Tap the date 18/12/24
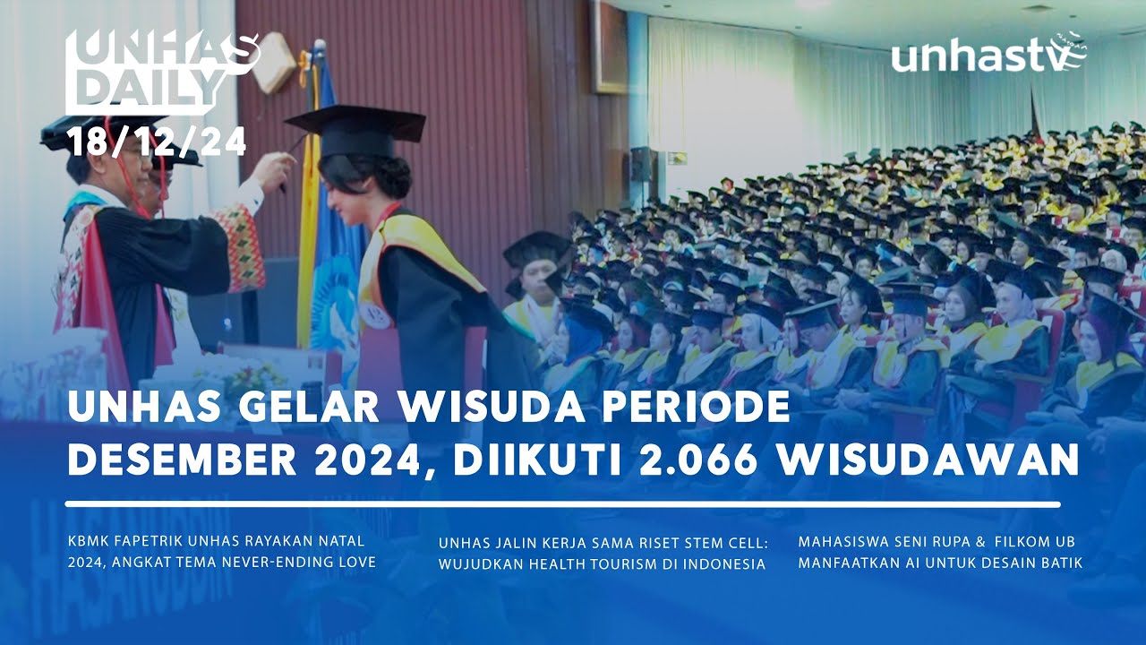[x=143, y=142]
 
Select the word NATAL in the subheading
[x=346, y=541]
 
